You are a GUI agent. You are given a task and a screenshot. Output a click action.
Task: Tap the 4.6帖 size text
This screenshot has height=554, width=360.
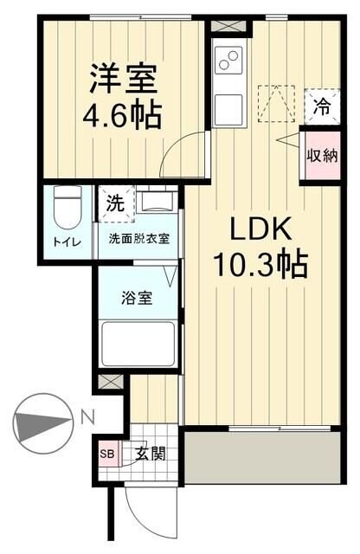click(x=124, y=115)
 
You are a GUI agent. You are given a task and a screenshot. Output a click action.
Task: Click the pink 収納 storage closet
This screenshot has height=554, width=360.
click(x=320, y=157)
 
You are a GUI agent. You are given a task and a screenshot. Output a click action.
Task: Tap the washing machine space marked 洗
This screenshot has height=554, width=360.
click(x=114, y=205)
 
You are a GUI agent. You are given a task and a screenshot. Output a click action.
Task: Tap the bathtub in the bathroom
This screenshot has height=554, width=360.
click(x=138, y=343)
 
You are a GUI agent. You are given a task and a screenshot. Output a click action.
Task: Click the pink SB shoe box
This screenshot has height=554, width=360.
click(x=107, y=453)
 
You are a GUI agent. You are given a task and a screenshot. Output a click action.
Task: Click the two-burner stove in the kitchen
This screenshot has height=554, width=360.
click(x=229, y=61)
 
